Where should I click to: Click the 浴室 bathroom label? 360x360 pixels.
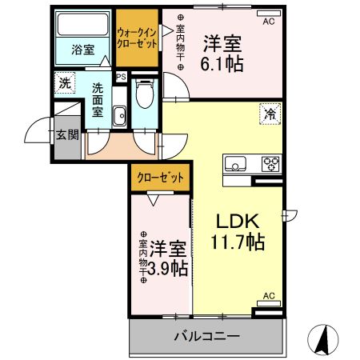pos(82,50)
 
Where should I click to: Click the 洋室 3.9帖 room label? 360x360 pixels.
pos(166,258)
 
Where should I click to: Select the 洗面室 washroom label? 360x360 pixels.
pos(98,101)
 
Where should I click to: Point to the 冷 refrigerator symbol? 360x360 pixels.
pos(270,114)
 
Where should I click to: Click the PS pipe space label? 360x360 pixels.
pos(121,78)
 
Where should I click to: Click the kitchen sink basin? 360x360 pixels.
pos(238,166)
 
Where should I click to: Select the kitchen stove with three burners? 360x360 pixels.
pos(270,166)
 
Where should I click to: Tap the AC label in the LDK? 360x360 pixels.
pos(269,295)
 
